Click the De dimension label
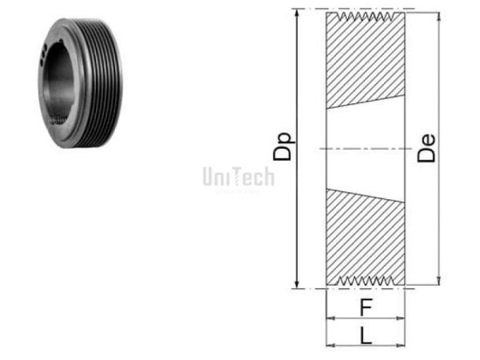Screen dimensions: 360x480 point(429,148)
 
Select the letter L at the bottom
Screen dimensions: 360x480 point(366,335)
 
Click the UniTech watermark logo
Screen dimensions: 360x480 point(238,177)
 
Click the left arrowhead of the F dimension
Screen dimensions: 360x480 point(330,318)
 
